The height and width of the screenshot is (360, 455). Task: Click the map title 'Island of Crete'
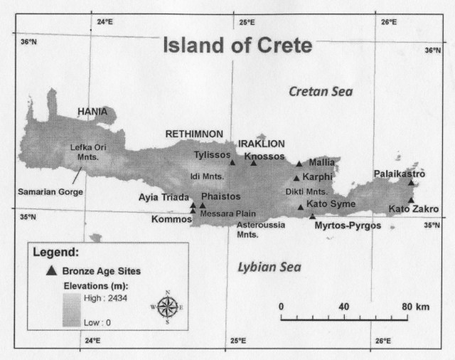[x=237, y=46]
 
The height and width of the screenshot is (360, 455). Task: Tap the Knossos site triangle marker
[x=254, y=163]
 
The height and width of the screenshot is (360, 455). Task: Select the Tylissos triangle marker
[x=232, y=163]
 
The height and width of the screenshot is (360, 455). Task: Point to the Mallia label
[x=322, y=162]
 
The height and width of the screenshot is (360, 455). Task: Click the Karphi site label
[x=317, y=176]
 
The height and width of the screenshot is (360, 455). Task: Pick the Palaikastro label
[x=400, y=174]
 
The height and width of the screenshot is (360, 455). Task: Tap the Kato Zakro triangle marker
[x=410, y=201]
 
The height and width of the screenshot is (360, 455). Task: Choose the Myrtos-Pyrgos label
[x=348, y=226]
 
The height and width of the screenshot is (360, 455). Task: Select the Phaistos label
[x=221, y=196]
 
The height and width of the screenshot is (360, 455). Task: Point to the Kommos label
[x=172, y=219]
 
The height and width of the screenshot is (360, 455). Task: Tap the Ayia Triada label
[x=164, y=197]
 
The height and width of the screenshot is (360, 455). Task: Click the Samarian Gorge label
[x=50, y=192]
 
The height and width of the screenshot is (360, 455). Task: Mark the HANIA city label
[x=93, y=112]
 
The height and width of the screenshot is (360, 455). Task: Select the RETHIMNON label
[x=195, y=134]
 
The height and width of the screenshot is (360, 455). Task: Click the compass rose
[x=168, y=307]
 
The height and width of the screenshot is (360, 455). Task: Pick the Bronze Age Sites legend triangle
[x=50, y=270]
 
